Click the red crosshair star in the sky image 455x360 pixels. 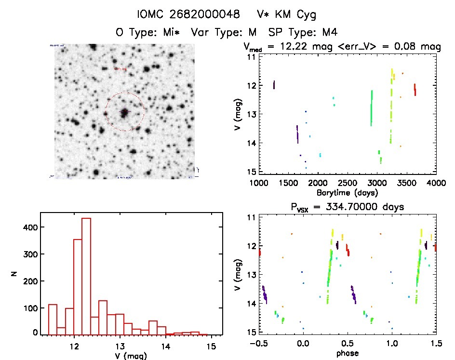(x=124, y=112)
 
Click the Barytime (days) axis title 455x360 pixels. (x=347, y=192)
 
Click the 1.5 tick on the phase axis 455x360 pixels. (x=436, y=343)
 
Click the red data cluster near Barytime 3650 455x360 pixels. (x=415, y=90)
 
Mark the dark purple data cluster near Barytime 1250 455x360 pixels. (x=274, y=85)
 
